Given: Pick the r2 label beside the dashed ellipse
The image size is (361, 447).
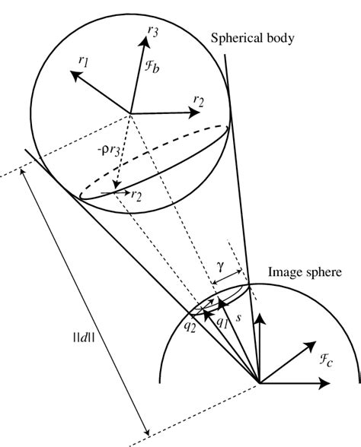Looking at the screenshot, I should tap(138, 195).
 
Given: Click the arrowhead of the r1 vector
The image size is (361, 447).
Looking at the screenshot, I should tap(71, 73).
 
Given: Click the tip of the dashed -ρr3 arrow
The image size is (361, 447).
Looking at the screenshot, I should tap(114, 192).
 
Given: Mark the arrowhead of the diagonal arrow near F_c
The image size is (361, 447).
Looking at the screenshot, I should tap(314, 344).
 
